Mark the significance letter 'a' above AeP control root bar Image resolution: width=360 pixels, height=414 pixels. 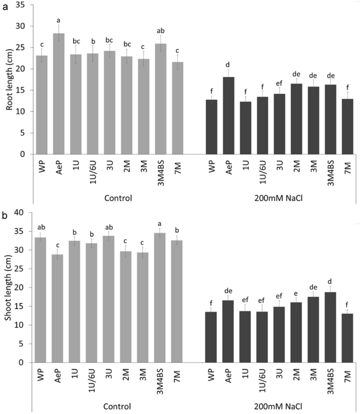(58, 20)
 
